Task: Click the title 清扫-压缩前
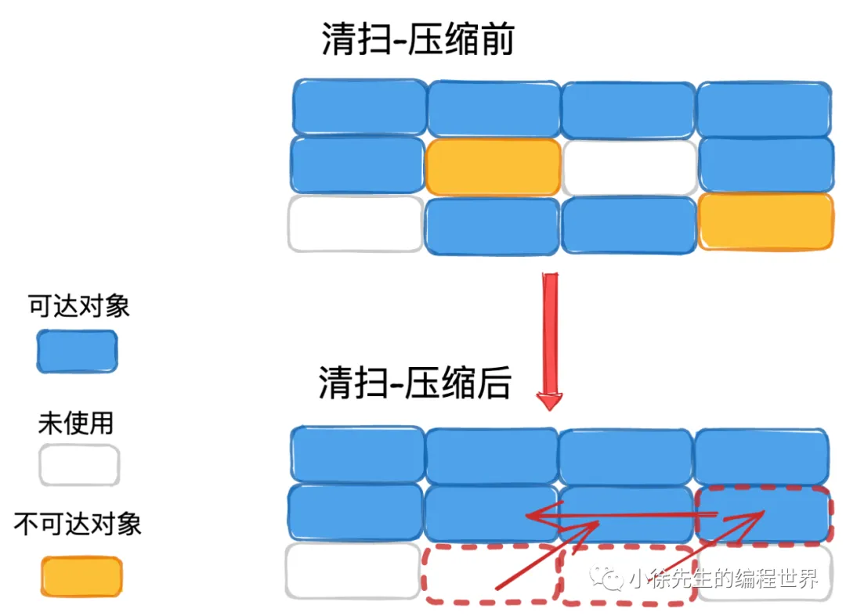[x=418, y=38]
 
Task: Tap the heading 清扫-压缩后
[x=415, y=384]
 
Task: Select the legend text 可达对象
[x=79, y=306]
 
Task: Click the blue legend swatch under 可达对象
[x=77, y=351]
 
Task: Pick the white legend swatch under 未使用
[x=79, y=466]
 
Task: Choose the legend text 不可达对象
[x=78, y=524]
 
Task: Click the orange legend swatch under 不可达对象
[x=81, y=578]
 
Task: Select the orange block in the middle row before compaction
[x=493, y=167]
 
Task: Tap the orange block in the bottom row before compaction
[x=765, y=222]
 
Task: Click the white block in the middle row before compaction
[x=629, y=168]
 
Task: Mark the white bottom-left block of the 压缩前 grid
[x=356, y=224]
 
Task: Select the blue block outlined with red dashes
[x=763, y=515]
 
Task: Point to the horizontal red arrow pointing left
[x=619, y=515]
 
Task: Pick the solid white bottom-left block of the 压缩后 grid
[x=352, y=571]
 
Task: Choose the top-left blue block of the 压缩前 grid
[x=360, y=106]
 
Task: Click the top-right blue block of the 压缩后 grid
[x=761, y=456]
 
